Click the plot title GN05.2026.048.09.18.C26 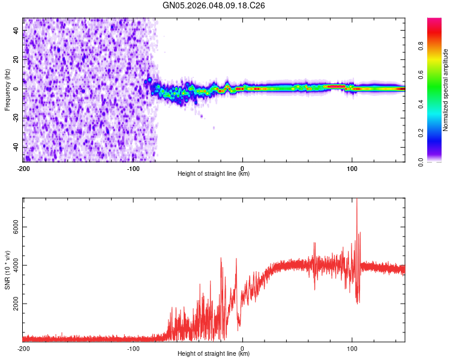point(214,5)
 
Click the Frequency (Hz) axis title point(8,89)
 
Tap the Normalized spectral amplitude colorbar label point(446,90)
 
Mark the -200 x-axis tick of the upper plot point(23,167)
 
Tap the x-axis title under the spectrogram point(214,174)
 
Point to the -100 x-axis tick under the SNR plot point(133,349)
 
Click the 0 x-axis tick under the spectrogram point(242,167)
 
